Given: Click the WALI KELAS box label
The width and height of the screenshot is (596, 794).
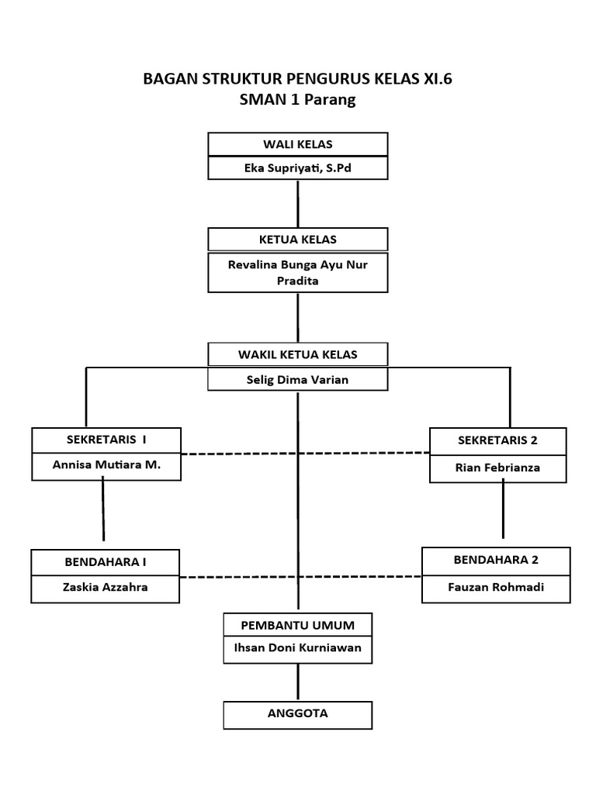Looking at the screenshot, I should click(x=298, y=144).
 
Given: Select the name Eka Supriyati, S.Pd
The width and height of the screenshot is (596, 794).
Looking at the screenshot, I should click(x=298, y=168).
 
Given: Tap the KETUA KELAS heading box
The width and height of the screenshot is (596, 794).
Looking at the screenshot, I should click(x=298, y=239).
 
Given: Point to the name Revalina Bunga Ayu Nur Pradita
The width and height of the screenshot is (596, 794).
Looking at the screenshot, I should click(x=298, y=272).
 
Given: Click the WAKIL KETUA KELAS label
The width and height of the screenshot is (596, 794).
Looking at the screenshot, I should click(x=298, y=354).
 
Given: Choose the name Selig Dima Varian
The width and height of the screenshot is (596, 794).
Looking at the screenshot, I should click(x=298, y=379).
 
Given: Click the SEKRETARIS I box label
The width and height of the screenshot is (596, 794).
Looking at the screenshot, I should click(x=106, y=440).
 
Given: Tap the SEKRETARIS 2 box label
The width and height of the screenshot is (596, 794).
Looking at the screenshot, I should click(x=497, y=440).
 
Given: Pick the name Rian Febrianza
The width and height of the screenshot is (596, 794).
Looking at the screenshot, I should click(x=497, y=468).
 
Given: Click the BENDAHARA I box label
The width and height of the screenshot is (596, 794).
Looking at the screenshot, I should click(x=106, y=561).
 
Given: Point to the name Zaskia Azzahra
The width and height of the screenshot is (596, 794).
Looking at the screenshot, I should click(x=106, y=587).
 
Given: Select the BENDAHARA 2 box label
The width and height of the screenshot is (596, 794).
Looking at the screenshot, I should click(x=496, y=560).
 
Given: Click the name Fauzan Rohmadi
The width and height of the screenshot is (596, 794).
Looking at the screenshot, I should click(x=496, y=587).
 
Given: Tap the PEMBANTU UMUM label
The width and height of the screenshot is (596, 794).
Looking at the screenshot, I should click(x=298, y=624).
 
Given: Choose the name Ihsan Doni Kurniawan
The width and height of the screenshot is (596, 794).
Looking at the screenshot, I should click(x=298, y=648).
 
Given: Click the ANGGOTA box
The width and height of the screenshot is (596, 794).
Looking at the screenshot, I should click(x=298, y=714).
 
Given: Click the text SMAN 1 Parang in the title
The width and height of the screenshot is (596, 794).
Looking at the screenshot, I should click(x=298, y=100).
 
